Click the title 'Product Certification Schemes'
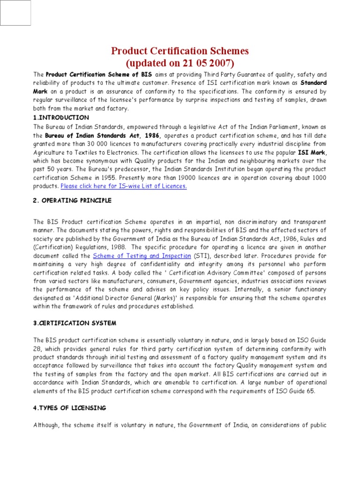pyautogui.click(x=180, y=51)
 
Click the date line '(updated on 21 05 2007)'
pyautogui.click(x=180, y=63)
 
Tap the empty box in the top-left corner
pyautogui.click(x=15, y=13)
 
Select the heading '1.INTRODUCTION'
pyautogui.click(x=61, y=117)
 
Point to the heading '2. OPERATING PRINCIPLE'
pyautogui.click(x=72, y=201)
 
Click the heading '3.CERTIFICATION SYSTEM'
pyautogui.click(x=75, y=323)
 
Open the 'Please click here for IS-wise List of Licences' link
pyautogui.click(x=124, y=186)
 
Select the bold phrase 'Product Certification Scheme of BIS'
pyautogui.click(x=98, y=75)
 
